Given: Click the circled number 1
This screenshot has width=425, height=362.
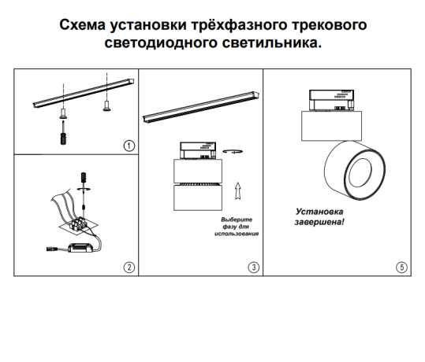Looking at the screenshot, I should tap(129, 146).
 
